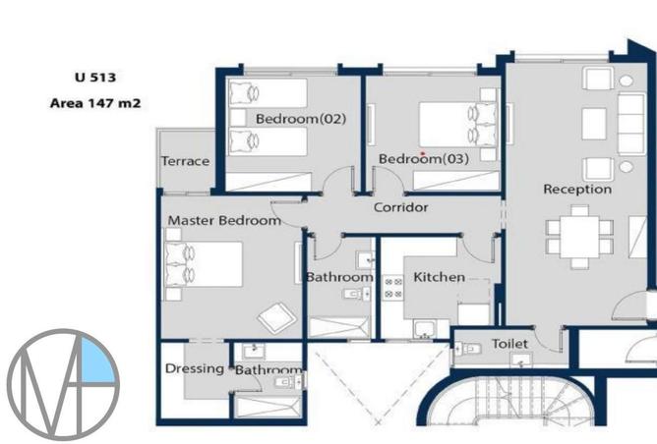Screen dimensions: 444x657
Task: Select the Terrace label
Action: click(185, 161)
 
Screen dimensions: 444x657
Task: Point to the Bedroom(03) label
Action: click(424, 158)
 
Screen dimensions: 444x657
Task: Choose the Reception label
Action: click(577, 189)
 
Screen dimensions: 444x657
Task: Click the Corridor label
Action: click(400, 207)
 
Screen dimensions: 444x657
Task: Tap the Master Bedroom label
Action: click(223, 221)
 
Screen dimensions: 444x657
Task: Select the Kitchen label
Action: click(439, 277)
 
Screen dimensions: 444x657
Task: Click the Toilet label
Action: click(509, 344)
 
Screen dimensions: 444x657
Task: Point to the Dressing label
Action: click(195, 368)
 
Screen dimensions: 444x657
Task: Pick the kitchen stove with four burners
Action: click(393, 287)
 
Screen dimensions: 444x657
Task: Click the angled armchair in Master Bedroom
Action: click(274, 316)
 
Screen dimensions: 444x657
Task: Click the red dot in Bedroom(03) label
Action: click(422, 154)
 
